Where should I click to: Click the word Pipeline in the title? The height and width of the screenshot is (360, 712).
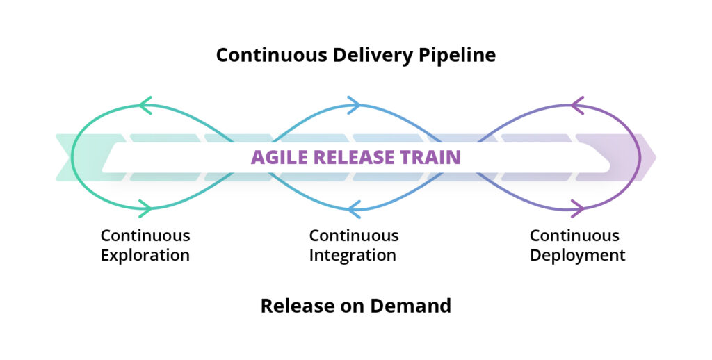coord(456,56)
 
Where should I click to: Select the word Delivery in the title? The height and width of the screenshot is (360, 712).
coord(378,56)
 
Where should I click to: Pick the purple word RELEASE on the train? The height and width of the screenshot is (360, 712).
coord(354,157)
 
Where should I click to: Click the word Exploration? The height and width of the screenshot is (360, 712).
coord(145,255)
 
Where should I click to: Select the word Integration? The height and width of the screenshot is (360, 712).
coord(353,255)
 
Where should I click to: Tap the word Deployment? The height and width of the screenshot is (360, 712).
coord(577,255)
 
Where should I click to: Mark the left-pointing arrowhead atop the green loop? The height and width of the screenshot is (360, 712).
coord(145,106)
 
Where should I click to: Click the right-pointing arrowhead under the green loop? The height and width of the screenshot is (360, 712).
coord(145,207)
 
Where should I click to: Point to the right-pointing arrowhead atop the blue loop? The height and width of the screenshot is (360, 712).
coord(354,106)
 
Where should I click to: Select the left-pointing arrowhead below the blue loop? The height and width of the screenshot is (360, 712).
coord(354,207)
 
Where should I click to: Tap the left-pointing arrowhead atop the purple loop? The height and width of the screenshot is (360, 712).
coord(577,106)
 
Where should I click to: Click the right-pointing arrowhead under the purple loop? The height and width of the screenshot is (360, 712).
coord(577,207)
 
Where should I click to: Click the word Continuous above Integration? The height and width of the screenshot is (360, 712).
coord(354,236)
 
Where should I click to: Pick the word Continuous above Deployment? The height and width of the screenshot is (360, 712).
coord(574,236)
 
